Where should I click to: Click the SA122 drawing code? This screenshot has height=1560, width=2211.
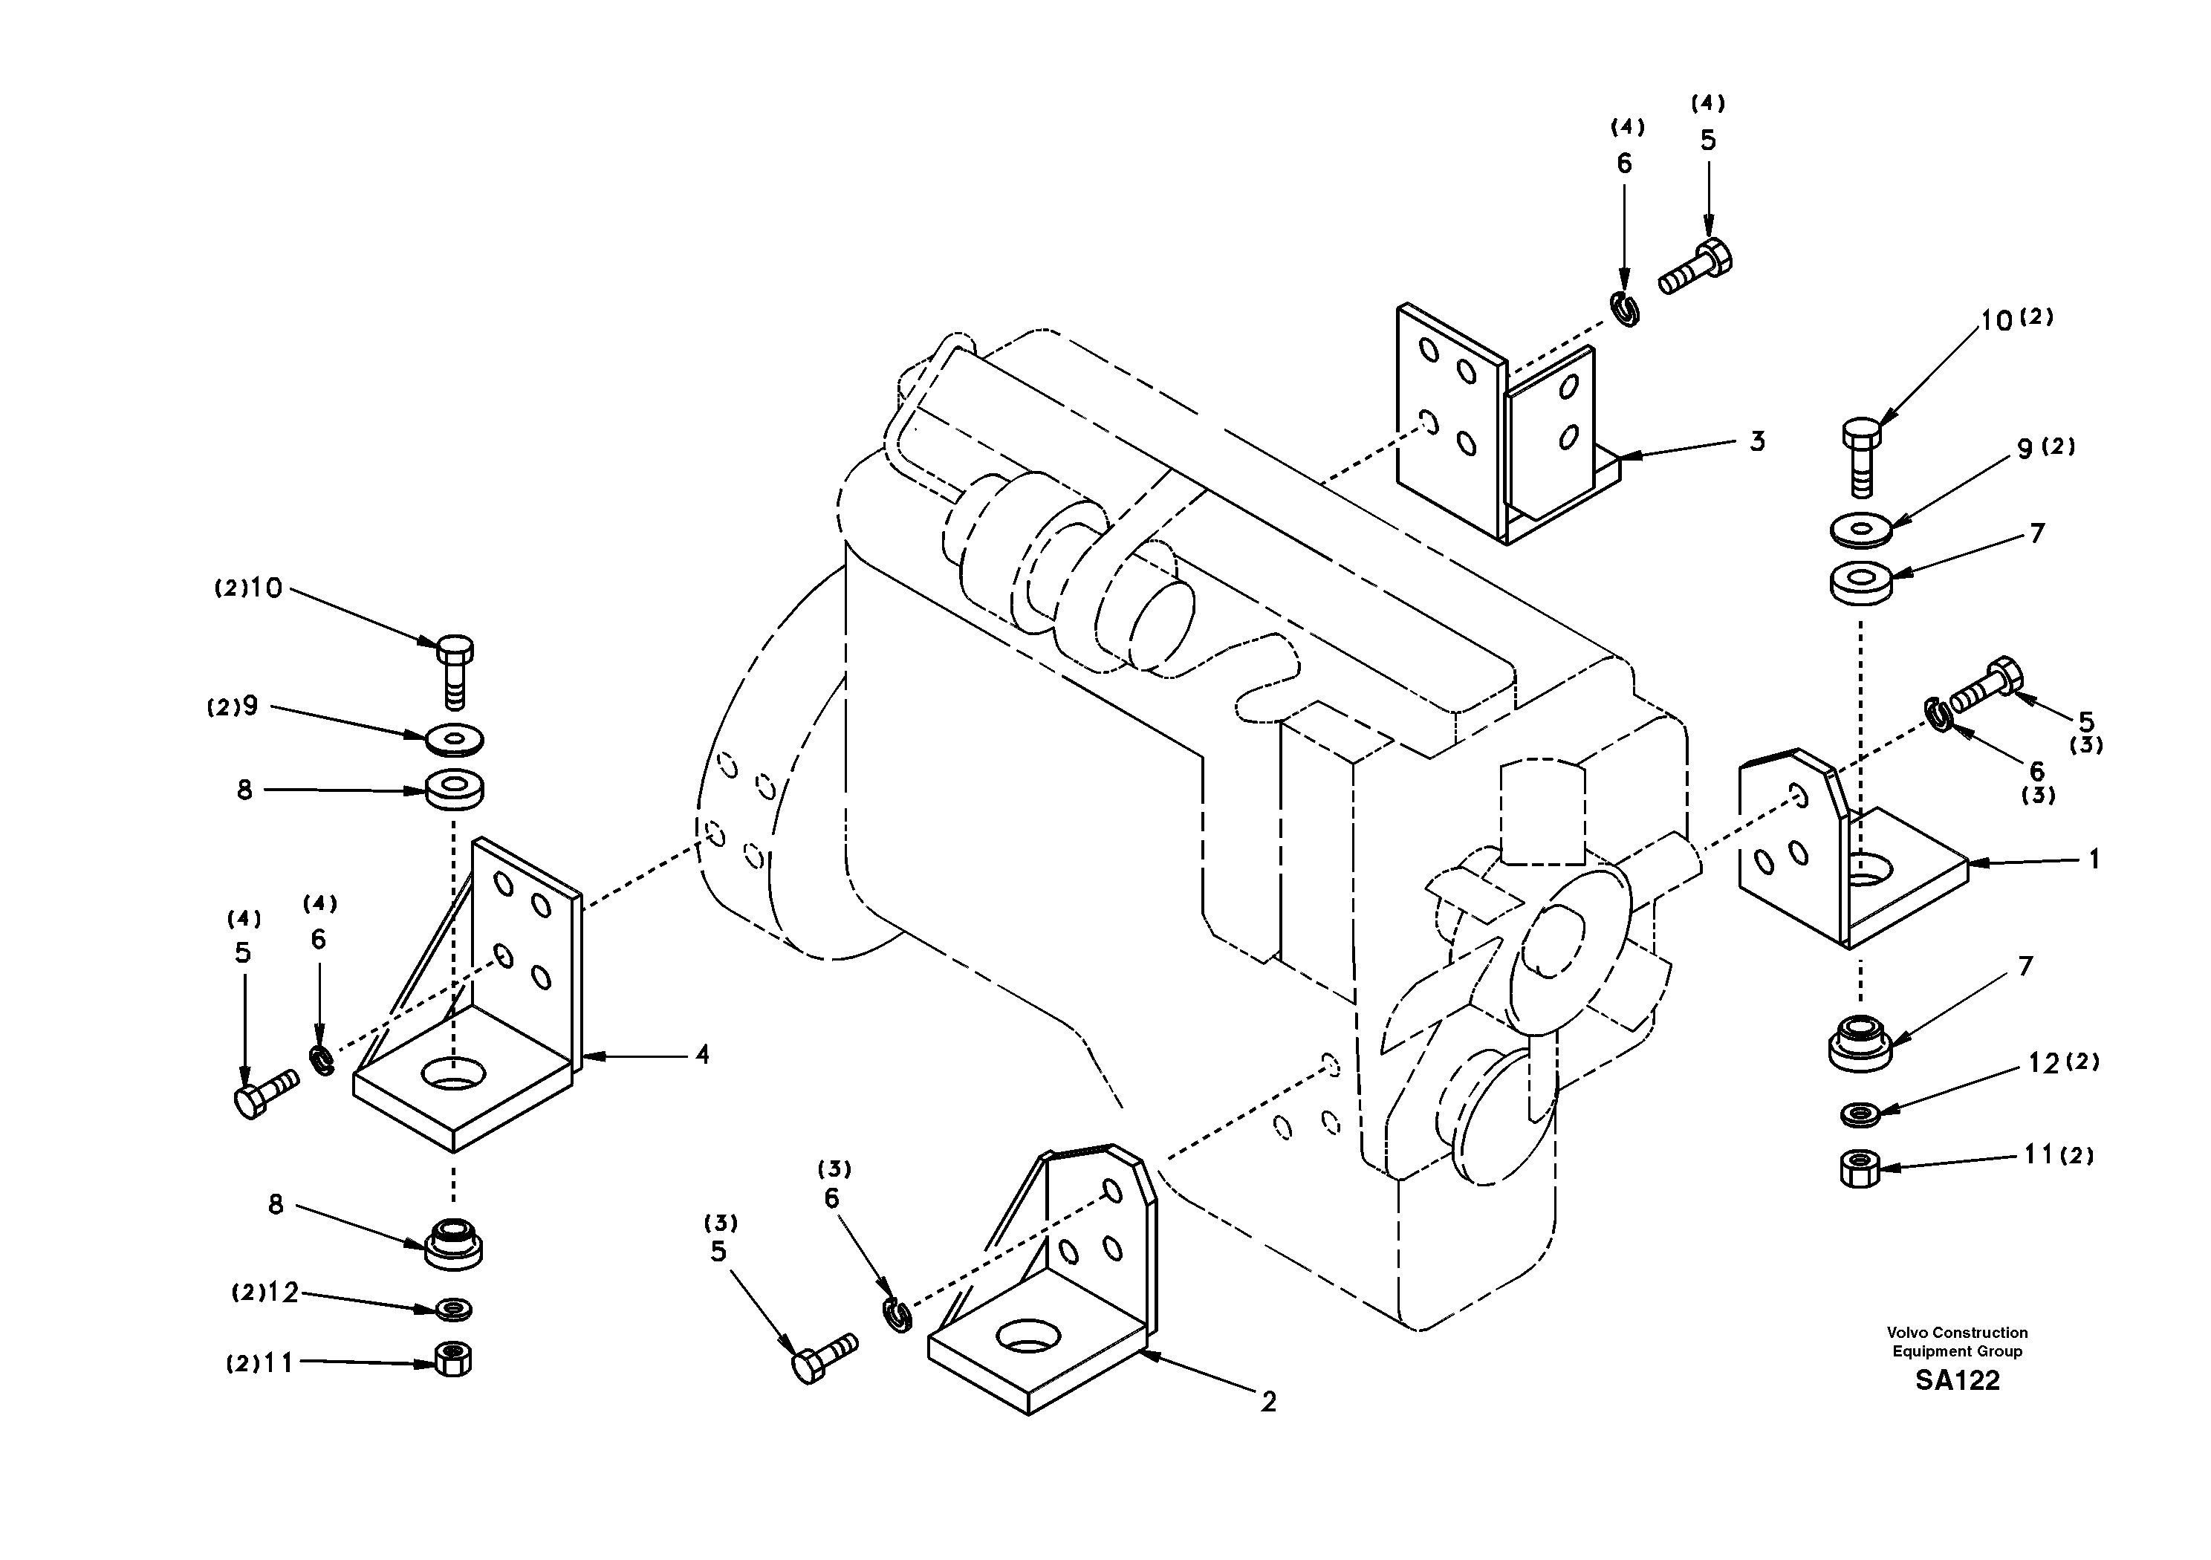click(x=1957, y=1381)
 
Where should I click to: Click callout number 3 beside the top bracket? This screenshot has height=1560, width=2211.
click(x=1758, y=442)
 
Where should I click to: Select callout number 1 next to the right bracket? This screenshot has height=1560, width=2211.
click(x=2094, y=859)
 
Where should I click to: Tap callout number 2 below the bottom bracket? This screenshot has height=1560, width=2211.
click(x=1268, y=1402)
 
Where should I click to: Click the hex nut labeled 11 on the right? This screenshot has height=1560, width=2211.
click(x=1860, y=1169)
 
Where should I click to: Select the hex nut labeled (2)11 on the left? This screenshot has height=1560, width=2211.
click(x=452, y=1359)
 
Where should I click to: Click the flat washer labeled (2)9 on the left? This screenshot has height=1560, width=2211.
click(x=455, y=741)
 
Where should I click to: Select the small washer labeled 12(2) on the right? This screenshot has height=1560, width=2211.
click(x=1860, y=1114)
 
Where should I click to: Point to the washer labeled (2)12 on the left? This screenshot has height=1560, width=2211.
click(x=453, y=1309)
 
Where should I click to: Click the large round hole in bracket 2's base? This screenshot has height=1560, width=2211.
click(x=1027, y=1335)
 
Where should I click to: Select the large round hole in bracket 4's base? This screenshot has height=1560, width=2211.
click(x=453, y=1073)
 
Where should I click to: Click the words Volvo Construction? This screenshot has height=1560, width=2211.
click(x=1957, y=1333)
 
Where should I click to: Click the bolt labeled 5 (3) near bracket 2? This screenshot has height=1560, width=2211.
click(x=823, y=1356)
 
